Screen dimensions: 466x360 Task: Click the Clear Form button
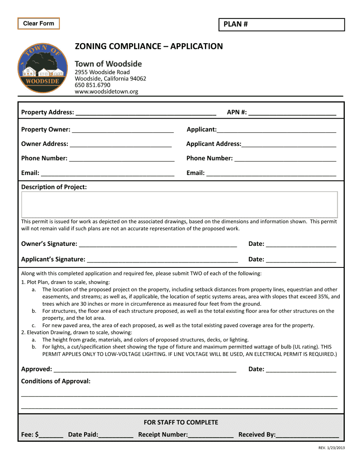pyautogui.click(x=39, y=23)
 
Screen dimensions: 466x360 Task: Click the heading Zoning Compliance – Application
pyautogui.click(x=149, y=46)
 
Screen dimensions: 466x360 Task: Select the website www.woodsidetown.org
pyautogui.click(x=106, y=91)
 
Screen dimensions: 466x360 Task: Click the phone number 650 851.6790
pyautogui.click(x=92, y=85)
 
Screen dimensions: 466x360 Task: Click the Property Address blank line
pyautogui.click(x=146, y=113)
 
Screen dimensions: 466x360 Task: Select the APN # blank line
pyautogui.click(x=292, y=113)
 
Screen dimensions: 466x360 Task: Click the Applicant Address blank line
pyautogui.click(x=288, y=144)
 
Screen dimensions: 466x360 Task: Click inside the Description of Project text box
pyautogui.click(x=179, y=205)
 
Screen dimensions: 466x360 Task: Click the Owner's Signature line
pyautogui.click(x=158, y=244)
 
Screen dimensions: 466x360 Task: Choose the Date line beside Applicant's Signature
pyautogui.click(x=301, y=260)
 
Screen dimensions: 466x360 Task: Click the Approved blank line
pyautogui.click(x=145, y=369)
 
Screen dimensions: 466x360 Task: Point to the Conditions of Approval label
pyautogui.click(x=56, y=381)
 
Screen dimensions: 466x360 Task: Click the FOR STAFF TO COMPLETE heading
pyautogui.click(x=181, y=422)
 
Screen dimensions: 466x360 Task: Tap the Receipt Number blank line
pyautogui.click(x=211, y=435)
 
